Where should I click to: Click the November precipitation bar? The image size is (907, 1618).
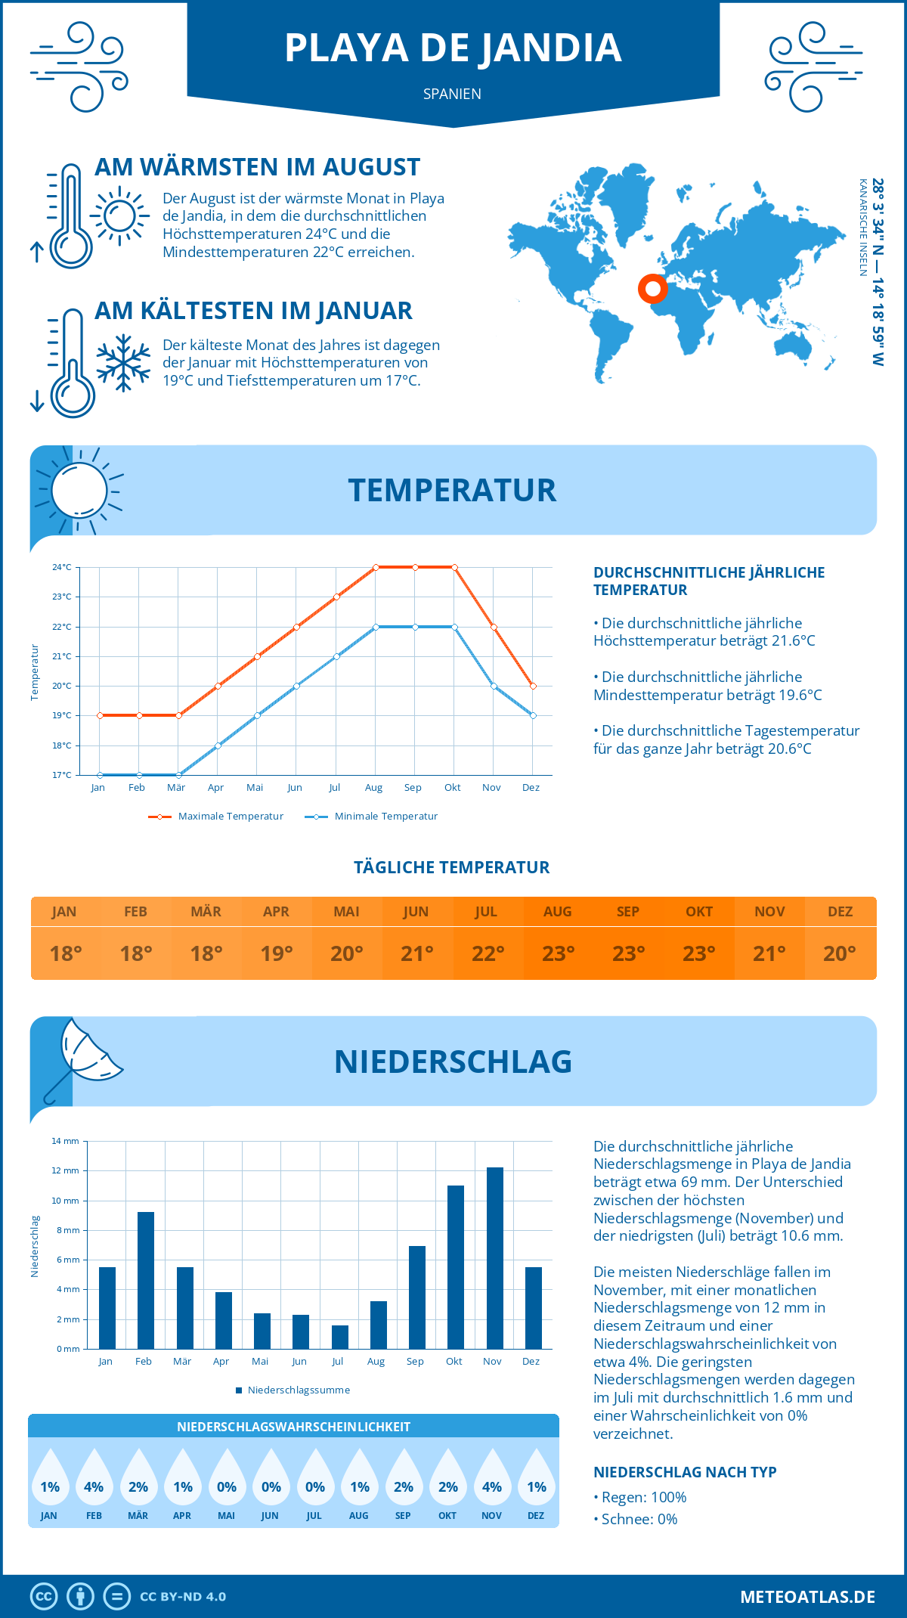495,1258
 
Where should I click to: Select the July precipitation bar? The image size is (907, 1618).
340,1337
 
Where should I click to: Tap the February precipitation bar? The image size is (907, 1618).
146,1280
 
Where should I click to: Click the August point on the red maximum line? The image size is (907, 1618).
376,567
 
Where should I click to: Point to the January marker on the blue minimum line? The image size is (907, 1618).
100,775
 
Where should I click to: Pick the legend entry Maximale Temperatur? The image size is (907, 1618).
216,817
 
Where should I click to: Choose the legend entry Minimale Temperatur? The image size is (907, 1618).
372,817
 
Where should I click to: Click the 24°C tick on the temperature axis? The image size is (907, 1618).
62,567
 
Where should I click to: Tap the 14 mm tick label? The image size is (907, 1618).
65,1141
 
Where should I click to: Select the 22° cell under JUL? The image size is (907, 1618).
488,953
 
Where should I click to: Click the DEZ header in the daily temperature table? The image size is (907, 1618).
840,912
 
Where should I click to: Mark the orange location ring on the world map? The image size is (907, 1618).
652,288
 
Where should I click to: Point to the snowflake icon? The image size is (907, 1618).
123,362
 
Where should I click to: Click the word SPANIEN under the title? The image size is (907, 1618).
452,94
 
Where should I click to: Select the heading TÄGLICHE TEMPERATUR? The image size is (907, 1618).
452,867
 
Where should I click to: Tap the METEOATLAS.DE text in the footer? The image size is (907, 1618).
807,1597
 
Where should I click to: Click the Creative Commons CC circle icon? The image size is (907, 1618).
44,1597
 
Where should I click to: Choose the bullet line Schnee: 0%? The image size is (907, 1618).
639,1520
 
